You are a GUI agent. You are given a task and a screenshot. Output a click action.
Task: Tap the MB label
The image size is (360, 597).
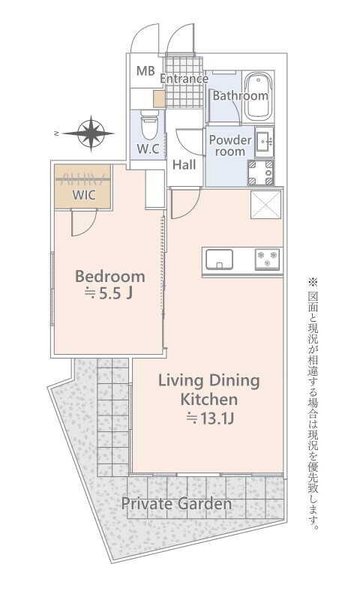145,70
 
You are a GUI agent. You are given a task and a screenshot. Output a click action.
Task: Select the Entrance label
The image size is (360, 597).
184,79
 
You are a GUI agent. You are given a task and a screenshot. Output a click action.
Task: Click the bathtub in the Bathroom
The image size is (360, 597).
259,96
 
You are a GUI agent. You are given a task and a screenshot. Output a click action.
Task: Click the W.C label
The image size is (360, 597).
148,149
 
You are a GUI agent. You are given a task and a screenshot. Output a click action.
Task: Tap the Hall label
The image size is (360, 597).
184,165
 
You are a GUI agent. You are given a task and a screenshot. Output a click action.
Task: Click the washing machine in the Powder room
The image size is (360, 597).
261,172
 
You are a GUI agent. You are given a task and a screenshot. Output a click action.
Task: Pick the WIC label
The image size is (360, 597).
84,195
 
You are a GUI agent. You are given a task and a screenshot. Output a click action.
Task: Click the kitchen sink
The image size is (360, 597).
220,259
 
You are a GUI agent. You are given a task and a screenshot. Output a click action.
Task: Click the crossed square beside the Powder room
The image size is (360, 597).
266,205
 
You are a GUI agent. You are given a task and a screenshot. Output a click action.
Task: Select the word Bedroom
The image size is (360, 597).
110,276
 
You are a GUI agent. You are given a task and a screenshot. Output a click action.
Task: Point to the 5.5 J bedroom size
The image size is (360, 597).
109,293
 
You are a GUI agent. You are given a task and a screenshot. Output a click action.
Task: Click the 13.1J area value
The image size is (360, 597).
209,419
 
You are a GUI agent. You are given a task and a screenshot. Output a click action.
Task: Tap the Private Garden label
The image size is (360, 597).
176,504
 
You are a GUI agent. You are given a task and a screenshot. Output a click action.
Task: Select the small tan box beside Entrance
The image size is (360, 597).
159,99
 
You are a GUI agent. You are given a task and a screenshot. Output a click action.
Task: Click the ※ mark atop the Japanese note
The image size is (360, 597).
312,282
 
